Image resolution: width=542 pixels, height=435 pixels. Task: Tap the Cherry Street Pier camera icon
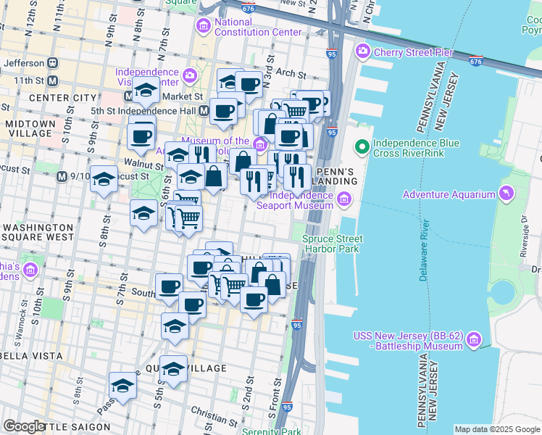[362, 52]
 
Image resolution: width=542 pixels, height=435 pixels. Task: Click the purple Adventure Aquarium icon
[506, 194]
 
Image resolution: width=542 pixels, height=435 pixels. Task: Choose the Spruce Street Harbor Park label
[333, 244]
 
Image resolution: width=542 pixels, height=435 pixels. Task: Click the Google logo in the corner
[24, 426]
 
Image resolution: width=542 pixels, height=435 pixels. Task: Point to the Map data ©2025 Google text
[496, 429]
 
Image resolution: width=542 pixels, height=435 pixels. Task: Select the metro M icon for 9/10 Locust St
[63, 176]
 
